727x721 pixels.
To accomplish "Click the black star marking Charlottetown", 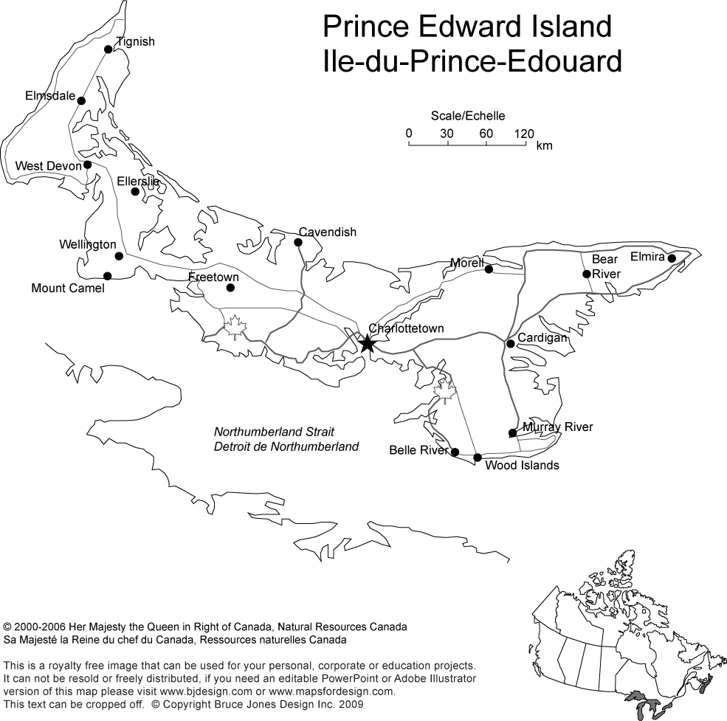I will (367, 343).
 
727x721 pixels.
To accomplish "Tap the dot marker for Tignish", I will (108, 49).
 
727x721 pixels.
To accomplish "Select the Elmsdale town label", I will (50, 96).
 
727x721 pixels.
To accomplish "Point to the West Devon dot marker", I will (87, 165).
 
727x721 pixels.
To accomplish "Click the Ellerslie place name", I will (138, 181).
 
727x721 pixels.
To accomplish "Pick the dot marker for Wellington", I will (119, 256).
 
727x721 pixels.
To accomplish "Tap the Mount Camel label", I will (68, 289).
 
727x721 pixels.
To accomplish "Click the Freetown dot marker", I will (232, 287).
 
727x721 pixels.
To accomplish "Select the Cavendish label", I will (328, 232).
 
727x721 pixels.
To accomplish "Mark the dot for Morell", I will (489, 269).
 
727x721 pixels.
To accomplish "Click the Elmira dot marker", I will (672, 258).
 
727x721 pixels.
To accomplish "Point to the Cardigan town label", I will (542, 338).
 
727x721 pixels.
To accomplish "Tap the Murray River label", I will (557, 427).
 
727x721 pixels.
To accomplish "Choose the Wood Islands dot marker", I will (478, 458).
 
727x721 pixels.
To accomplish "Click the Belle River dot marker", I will (455, 452).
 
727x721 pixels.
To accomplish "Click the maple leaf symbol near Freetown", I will (235, 325).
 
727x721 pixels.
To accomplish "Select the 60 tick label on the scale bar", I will (486, 134).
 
